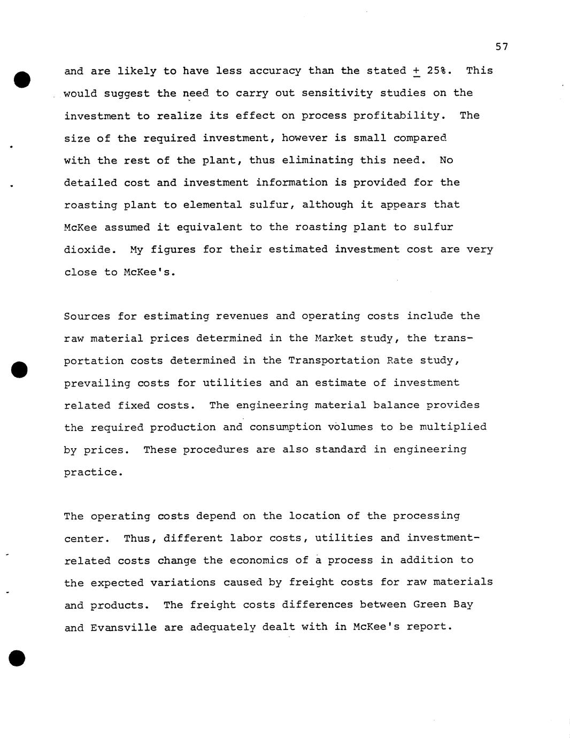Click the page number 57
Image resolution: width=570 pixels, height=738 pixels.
coord(501,47)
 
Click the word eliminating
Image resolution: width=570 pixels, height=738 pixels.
coord(318,160)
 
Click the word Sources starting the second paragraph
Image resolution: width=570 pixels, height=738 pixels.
coord(87,316)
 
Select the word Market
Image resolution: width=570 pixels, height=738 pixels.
coord(334,339)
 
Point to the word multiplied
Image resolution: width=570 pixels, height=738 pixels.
coord(453,427)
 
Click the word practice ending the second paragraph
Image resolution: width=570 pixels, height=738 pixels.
coord(93,472)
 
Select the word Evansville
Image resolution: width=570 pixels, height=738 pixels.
coord(124,627)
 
